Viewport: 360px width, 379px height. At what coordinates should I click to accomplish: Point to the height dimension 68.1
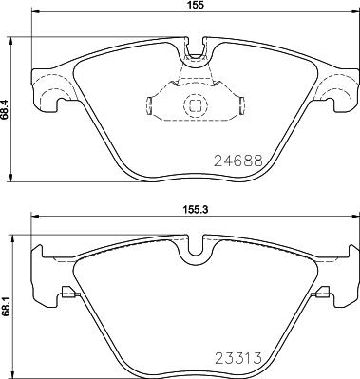point(7,307)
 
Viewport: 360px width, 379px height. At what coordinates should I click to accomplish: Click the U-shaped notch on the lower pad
point(197,249)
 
